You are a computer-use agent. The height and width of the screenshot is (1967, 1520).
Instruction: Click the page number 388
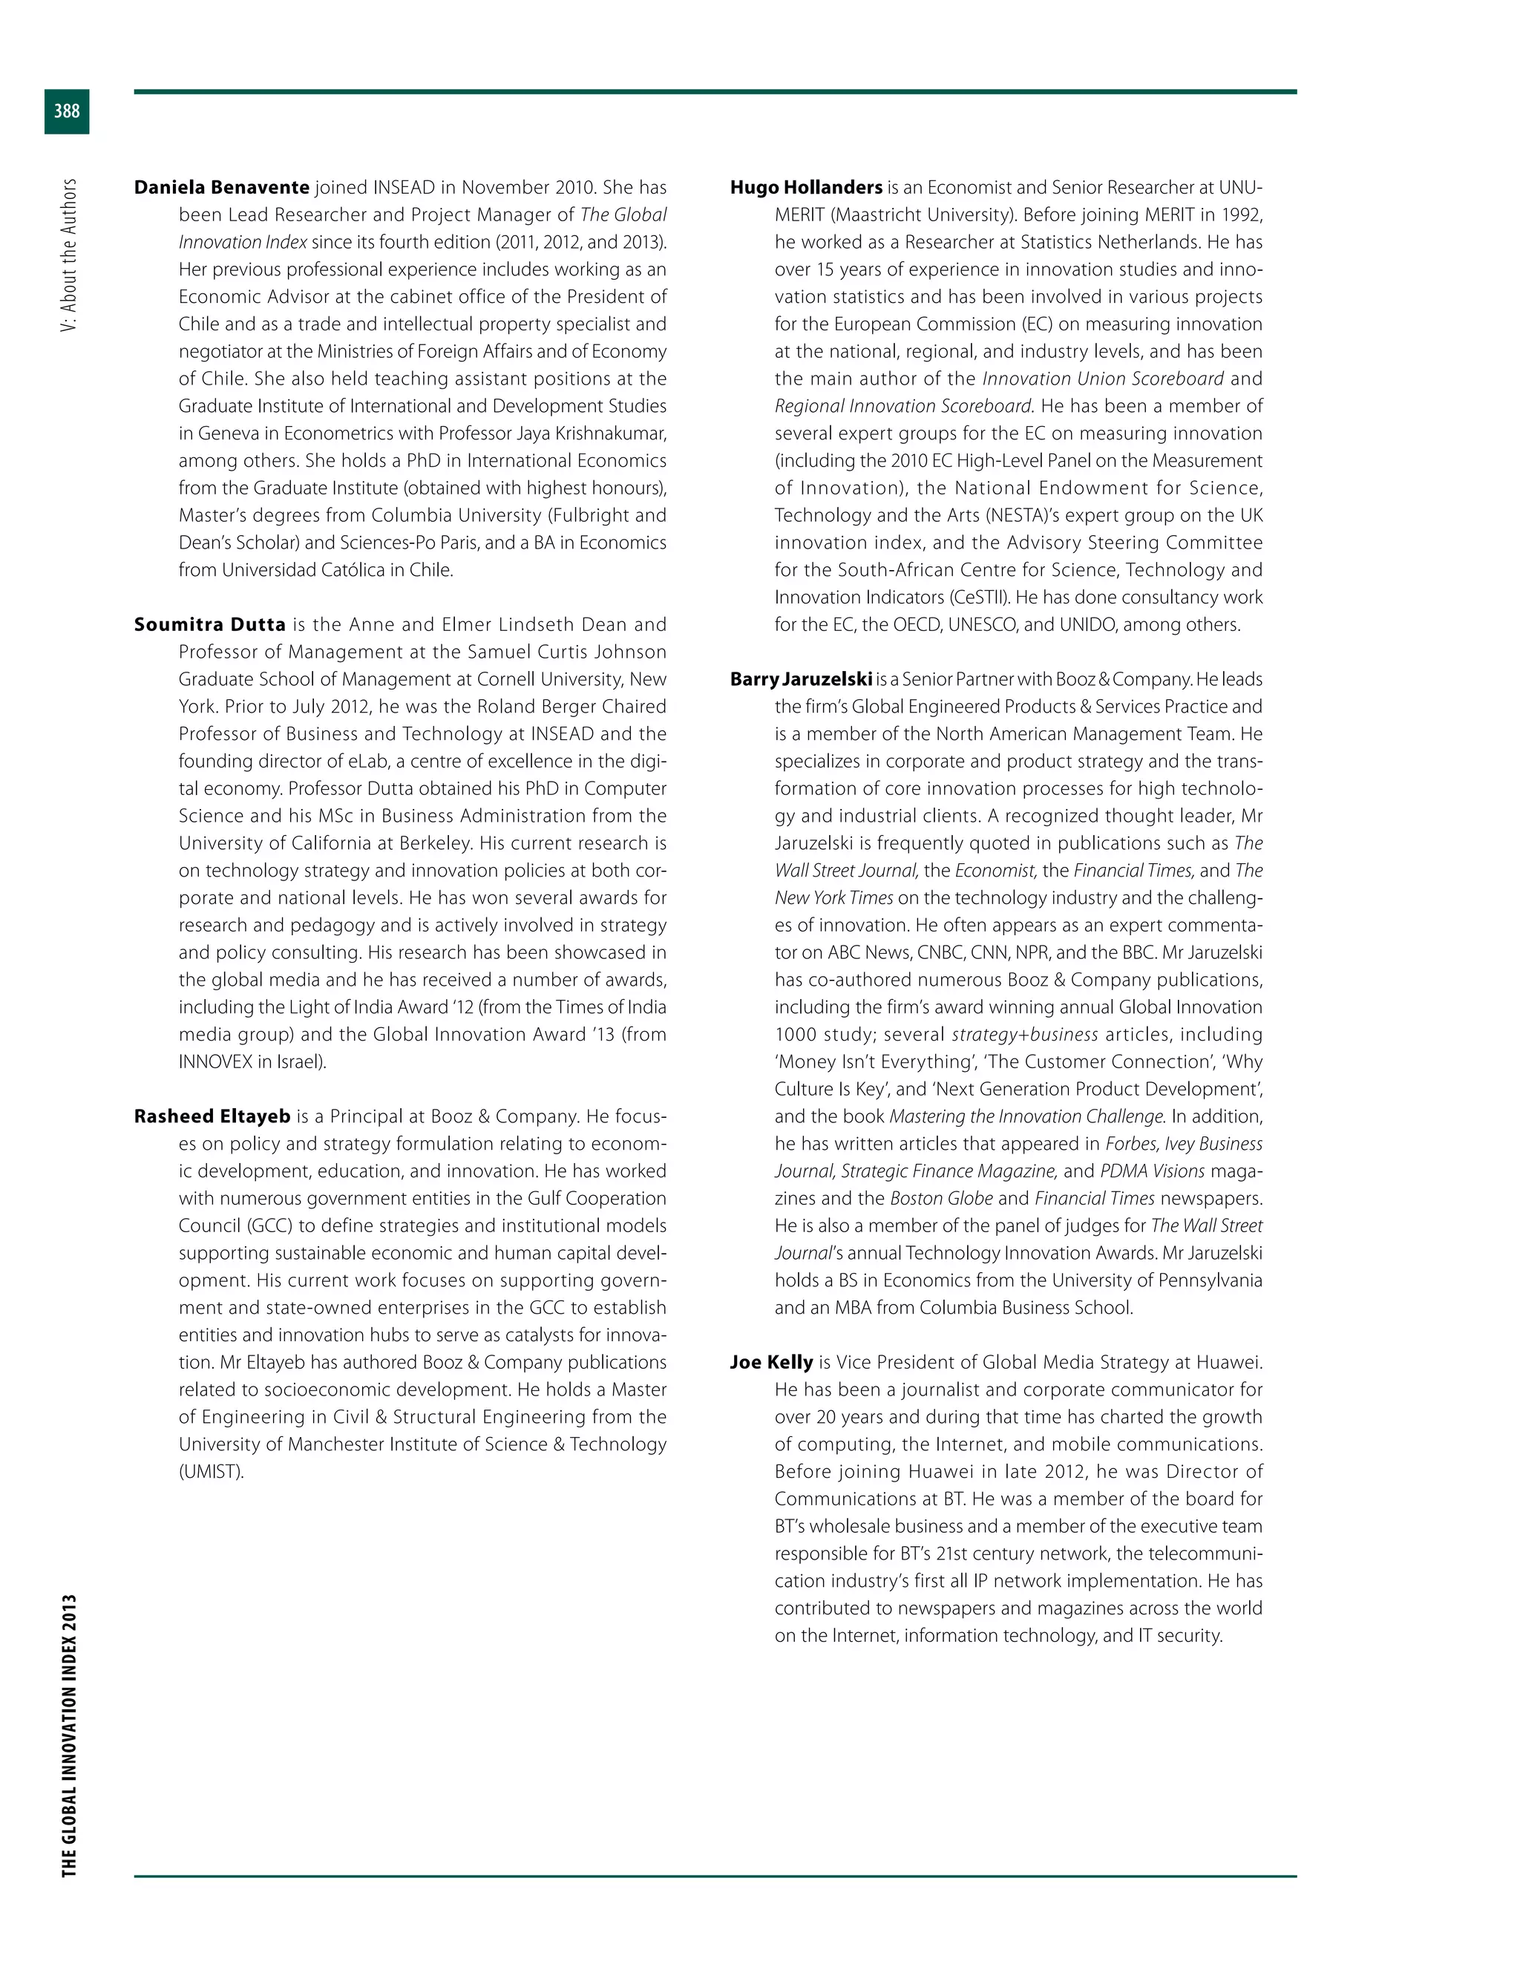coord(67,111)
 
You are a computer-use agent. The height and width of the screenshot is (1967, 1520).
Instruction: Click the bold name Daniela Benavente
coord(221,187)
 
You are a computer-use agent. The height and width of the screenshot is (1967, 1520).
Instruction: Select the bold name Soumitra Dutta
coord(210,625)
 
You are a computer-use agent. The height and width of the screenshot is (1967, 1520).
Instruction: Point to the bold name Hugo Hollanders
coord(806,187)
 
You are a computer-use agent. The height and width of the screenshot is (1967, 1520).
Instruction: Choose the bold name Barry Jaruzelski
coord(801,679)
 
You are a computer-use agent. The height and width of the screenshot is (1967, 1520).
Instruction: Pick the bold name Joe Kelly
coord(771,1363)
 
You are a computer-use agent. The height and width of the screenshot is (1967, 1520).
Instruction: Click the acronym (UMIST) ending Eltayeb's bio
coord(212,1472)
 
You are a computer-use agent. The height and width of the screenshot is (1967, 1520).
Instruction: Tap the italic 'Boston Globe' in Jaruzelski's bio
coord(941,1199)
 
